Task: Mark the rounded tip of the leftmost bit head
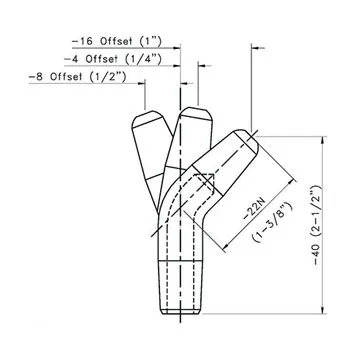pyautogui.click(x=145, y=119)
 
